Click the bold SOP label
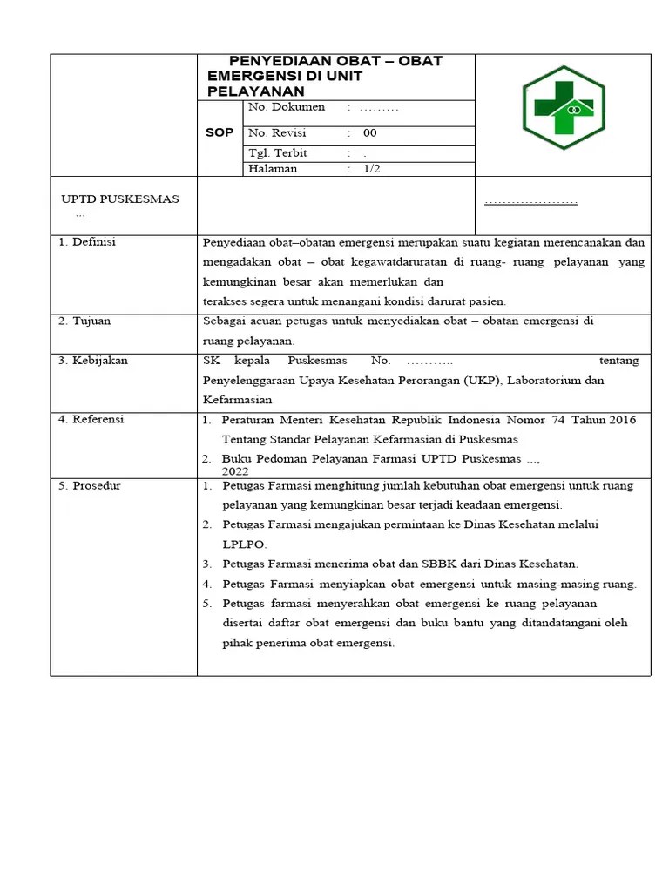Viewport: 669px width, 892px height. coord(220,133)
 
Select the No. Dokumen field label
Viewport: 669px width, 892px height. coord(287,107)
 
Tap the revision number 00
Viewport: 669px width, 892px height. coord(370,133)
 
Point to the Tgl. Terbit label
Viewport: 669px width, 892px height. coord(278,152)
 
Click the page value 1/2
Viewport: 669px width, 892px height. coord(372,169)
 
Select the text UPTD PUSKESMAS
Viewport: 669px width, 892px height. coord(118,199)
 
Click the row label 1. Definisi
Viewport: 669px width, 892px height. coord(87,242)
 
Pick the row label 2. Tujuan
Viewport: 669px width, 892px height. coord(84,321)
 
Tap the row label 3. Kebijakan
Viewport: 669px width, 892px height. coord(92,361)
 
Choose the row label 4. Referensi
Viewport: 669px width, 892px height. coord(91,420)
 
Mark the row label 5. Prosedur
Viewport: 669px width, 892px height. coord(90,486)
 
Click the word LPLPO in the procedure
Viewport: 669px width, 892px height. coord(245,544)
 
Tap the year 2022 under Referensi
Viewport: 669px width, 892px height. coord(235,470)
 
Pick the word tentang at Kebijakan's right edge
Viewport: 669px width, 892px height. coord(619,361)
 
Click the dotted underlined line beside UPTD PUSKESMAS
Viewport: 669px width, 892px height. coord(530,202)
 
